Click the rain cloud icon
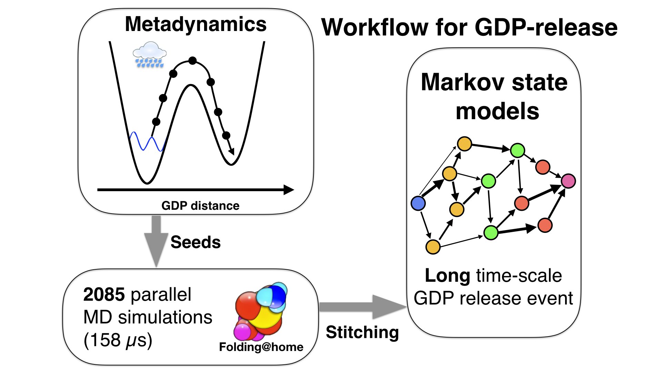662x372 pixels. [149, 54]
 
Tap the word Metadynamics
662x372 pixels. [195, 24]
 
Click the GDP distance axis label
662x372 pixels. [200, 206]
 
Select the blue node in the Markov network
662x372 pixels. [418, 203]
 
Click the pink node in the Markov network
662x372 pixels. [568, 181]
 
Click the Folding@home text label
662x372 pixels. [261, 347]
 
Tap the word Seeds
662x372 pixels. [195, 242]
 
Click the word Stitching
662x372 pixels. [362, 332]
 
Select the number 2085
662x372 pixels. [104, 295]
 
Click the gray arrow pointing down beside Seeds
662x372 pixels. [156, 241]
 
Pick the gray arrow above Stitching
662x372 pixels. [362, 307]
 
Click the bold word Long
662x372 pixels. [447, 276]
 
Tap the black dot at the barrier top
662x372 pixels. [192, 61]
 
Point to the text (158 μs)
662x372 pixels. [118, 340]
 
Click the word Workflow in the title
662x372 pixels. [374, 28]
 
